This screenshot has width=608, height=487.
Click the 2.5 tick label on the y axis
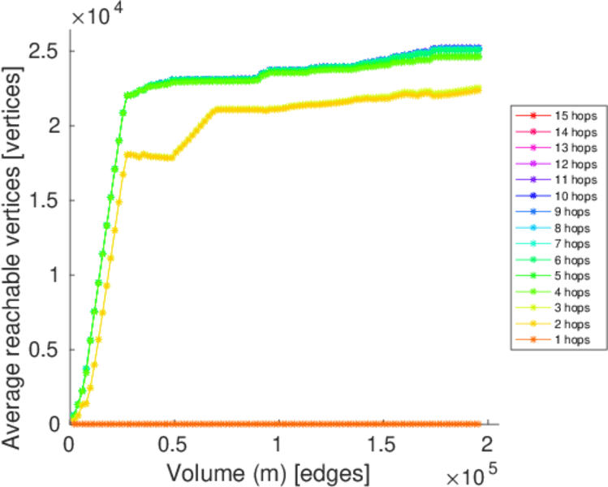(45, 51)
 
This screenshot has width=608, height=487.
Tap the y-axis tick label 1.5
(45, 200)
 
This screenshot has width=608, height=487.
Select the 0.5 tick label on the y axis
(45, 350)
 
